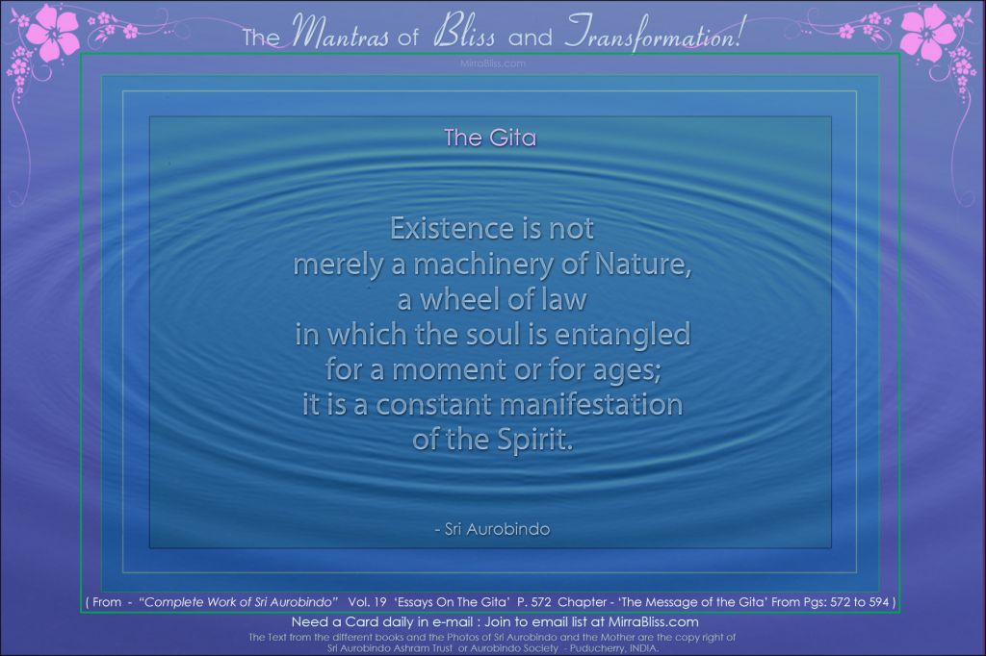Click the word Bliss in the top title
464,34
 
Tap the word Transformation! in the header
654,33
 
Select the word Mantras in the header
341,34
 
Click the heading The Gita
490,138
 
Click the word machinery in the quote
484,265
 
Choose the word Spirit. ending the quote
535,441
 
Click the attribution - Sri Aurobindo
492,529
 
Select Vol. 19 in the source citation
367,602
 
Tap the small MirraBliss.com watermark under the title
492,63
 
